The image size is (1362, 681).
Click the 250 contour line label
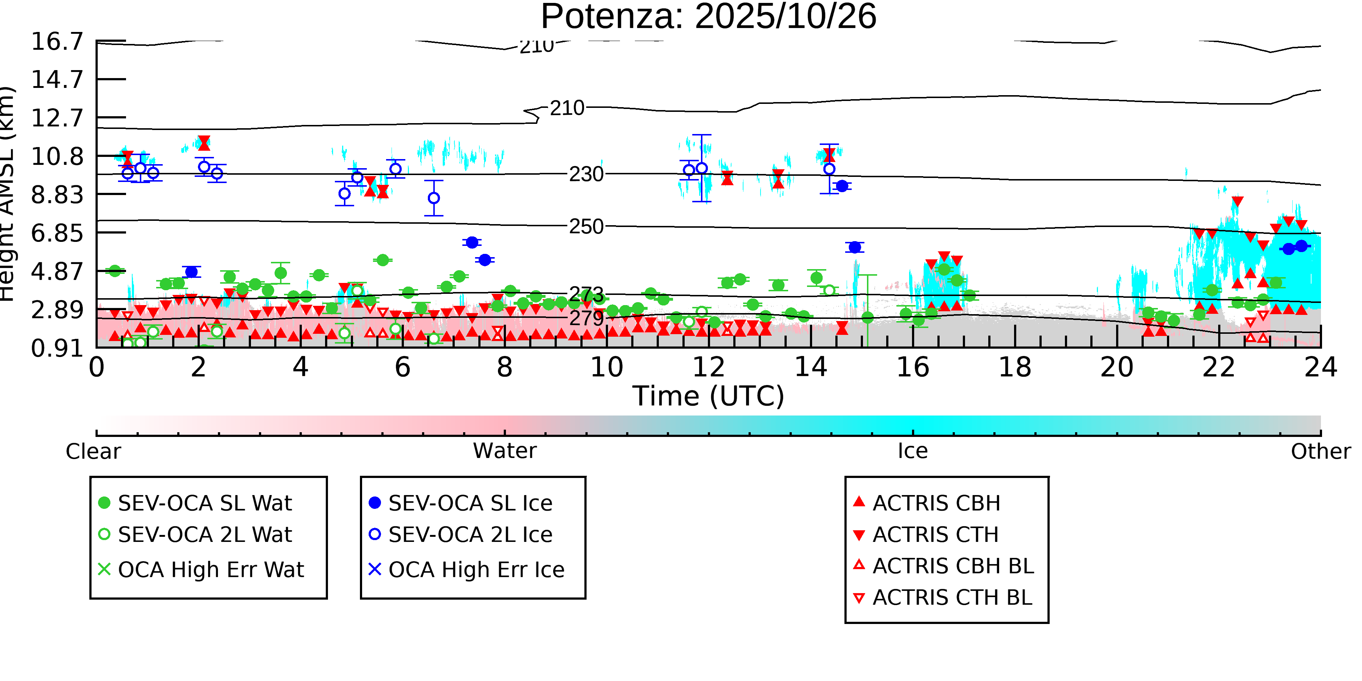pos(586,226)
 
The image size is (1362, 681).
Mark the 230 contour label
pos(586,174)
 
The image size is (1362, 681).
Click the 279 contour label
pos(586,318)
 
